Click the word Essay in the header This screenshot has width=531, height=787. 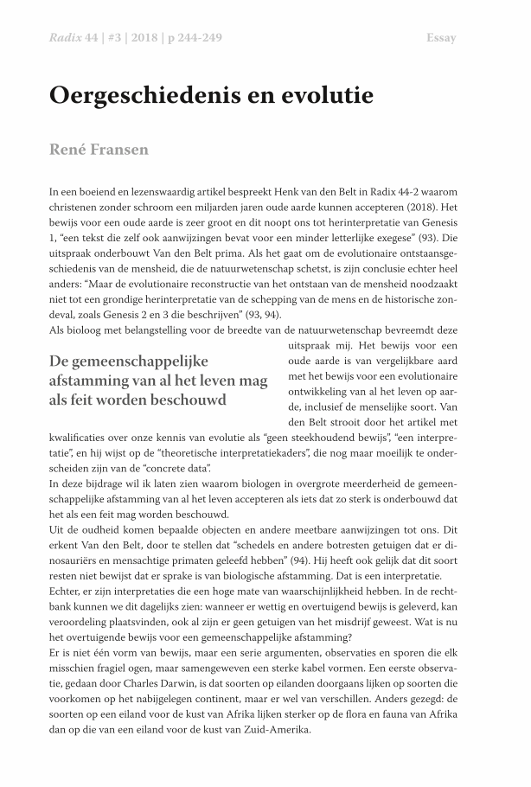click(441, 38)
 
